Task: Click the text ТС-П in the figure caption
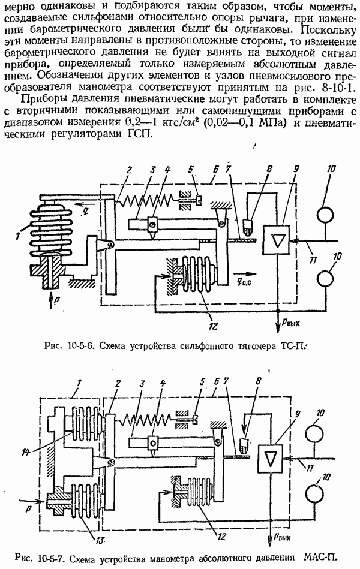292,346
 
